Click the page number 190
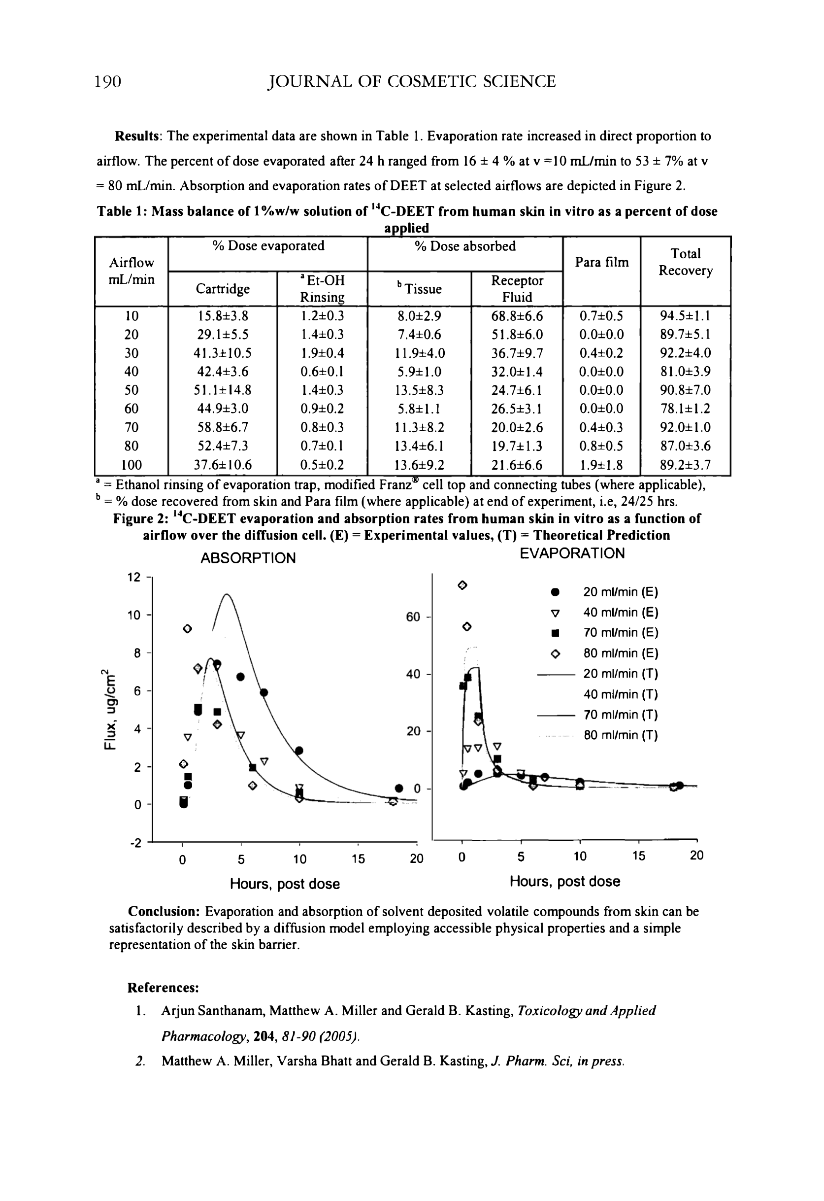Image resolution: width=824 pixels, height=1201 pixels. tap(108, 82)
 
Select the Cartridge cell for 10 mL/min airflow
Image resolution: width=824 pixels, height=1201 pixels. tap(223, 316)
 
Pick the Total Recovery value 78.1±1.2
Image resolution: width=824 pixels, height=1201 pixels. tap(685, 409)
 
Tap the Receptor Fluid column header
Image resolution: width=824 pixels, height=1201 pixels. tap(517, 288)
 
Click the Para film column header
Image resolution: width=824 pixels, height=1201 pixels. tap(601, 263)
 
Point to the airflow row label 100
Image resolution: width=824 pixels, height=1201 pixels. tap(131, 465)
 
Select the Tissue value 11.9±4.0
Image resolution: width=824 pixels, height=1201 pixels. tap(419, 353)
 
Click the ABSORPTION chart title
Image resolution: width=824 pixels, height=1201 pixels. tap(248, 558)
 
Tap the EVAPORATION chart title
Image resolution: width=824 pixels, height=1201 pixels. tap(572, 553)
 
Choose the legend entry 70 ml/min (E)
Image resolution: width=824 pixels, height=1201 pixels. tap(621, 633)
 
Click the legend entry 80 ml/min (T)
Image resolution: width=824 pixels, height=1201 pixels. tap(621, 735)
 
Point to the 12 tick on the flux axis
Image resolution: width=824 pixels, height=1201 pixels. tap(134, 577)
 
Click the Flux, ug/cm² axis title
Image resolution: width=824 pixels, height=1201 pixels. tap(110, 709)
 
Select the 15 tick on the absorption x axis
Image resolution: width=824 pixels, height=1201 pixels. tap(358, 859)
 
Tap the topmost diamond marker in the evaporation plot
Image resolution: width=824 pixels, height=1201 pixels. tap(463, 585)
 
